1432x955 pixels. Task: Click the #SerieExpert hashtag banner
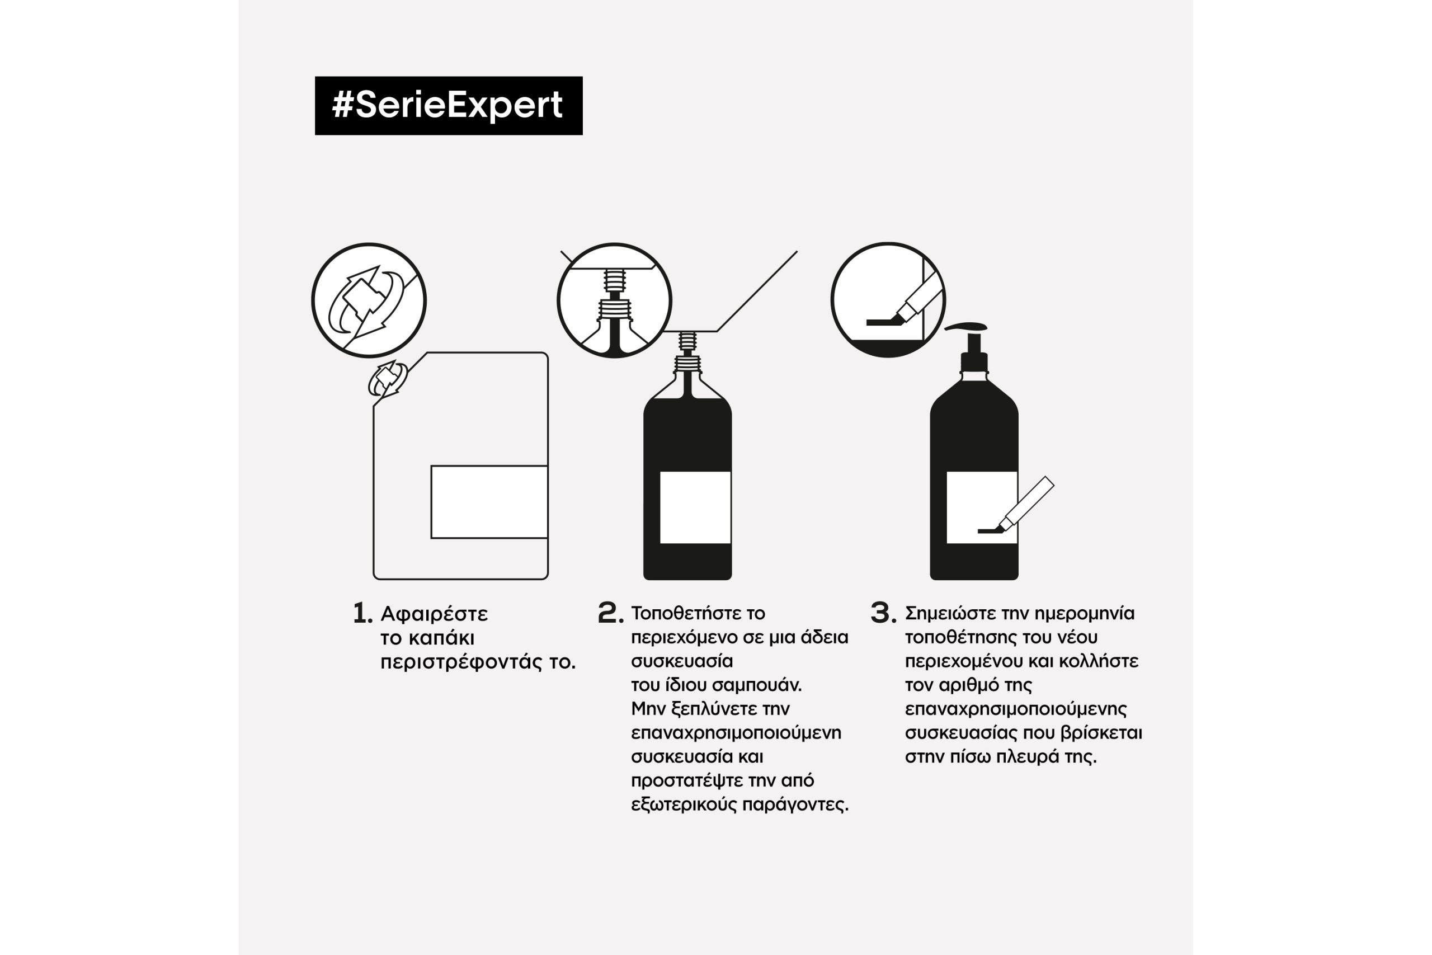pos(448,105)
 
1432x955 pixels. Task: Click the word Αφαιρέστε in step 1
pos(434,614)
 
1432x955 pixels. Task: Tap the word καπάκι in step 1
pos(441,638)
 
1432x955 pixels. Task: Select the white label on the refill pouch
pos(489,502)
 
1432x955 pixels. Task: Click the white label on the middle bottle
pos(695,507)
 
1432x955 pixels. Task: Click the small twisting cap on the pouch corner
pos(388,378)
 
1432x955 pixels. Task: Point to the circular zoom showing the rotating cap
pos(369,300)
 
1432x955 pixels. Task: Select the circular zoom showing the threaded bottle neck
pos(614,300)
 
